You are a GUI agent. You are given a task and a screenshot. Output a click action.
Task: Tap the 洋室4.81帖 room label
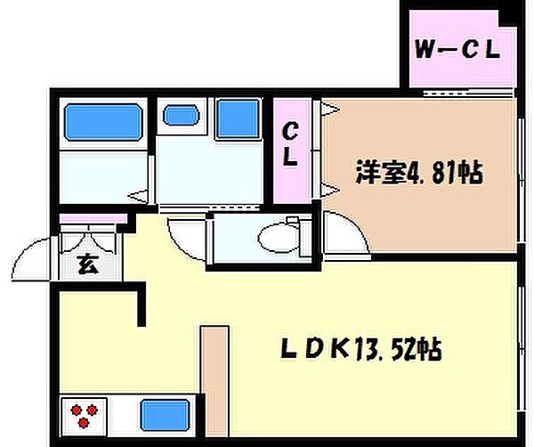(x=419, y=172)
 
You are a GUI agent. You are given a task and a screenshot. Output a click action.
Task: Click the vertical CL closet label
(x=290, y=145)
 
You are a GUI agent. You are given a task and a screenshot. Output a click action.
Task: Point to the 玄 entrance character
(x=87, y=264)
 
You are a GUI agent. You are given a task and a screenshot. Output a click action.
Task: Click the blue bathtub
(x=102, y=121)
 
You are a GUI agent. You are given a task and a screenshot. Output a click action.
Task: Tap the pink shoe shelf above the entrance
(x=88, y=219)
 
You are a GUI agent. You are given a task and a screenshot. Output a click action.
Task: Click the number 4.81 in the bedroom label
(x=432, y=172)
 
